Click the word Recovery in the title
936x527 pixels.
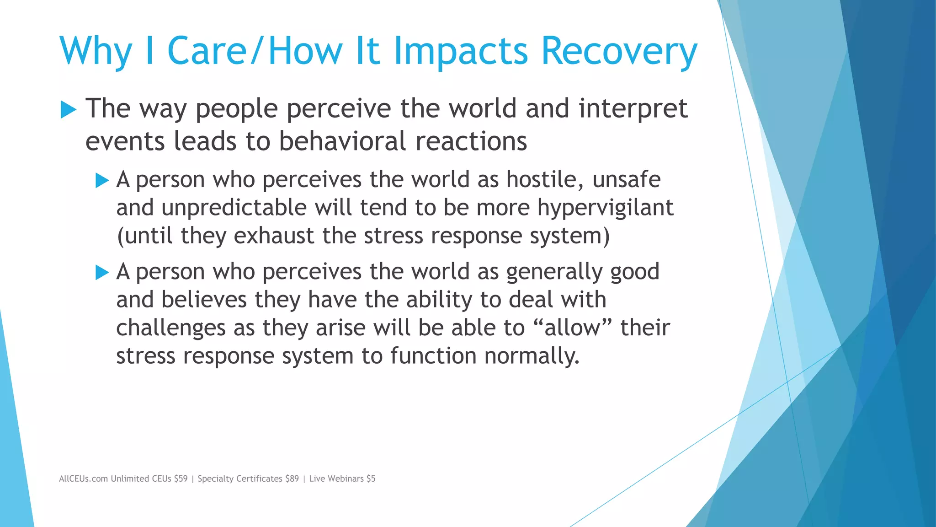619,51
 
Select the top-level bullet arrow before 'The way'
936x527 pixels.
68,110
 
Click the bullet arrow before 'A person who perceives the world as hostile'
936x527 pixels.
102,181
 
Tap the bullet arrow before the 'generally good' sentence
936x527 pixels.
102,273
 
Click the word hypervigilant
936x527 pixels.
605,208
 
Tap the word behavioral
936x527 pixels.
342,141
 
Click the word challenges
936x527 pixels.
171,328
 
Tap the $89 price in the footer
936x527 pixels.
292,479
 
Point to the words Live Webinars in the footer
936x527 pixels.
336,479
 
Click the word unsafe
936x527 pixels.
626,179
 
